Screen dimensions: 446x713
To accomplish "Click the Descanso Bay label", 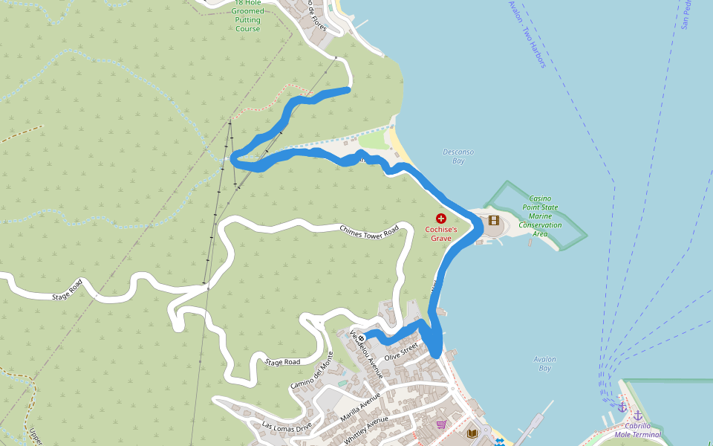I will [x=458, y=156].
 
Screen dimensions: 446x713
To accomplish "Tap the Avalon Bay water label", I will [x=544, y=363].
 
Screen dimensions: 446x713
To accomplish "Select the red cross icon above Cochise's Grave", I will [x=441, y=219].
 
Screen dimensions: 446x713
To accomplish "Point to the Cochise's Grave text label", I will [x=441, y=234].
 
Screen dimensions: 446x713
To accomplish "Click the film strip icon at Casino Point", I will [x=494, y=220].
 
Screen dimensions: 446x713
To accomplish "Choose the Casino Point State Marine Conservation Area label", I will [x=540, y=216].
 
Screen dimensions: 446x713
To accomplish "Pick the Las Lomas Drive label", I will [x=287, y=427].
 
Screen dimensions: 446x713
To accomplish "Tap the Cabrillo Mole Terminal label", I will [x=637, y=430].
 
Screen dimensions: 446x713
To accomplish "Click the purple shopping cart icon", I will [x=441, y=424].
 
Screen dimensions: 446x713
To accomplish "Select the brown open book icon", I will [x=472, y=433].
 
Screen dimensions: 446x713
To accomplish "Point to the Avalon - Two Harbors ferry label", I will [x=527, y=34].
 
